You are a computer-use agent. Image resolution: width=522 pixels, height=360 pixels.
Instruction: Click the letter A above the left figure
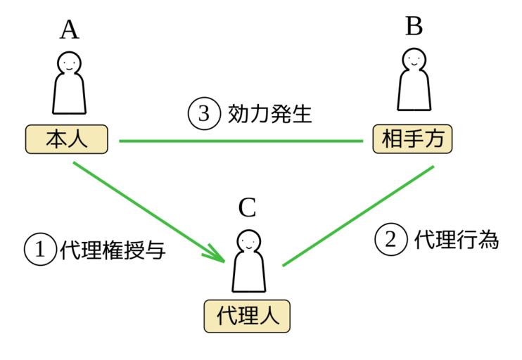tap(68, 30)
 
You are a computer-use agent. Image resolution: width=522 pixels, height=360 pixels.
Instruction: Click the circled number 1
tap(40, 249)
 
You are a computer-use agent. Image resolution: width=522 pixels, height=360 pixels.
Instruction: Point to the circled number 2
tap(391, 240)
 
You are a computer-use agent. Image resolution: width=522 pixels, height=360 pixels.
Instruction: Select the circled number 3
tap(203, 114)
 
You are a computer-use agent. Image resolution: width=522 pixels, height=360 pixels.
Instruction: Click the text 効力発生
tap(269, 114)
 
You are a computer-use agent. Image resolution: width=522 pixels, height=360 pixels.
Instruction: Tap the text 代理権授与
tap(113, 250)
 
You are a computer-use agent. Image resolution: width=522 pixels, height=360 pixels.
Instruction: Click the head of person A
tap(68, 63)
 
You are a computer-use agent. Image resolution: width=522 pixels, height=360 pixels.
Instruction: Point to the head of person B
tap(414, 60)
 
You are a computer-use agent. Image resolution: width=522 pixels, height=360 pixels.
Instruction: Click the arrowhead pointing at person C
tap(219, 254)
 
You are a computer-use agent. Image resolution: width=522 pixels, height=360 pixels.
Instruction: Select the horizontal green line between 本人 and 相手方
tap(239, 141)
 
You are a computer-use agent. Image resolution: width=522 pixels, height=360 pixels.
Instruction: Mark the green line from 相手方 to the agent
tap(359, 217)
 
